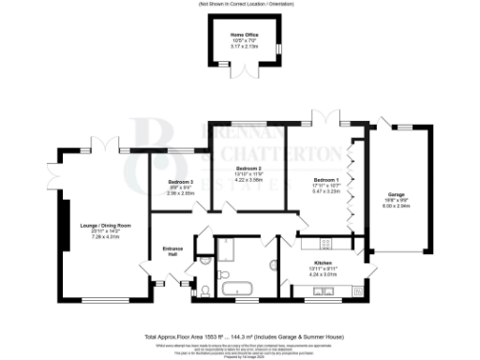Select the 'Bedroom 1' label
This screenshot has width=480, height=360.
tap(325, 179)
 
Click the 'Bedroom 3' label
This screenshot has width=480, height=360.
tap(181, 180)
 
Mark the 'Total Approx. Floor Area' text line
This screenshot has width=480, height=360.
tap(240, 336)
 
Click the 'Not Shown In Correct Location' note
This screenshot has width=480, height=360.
tap(240, 5)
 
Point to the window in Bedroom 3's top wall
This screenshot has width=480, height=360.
tap(177, 151)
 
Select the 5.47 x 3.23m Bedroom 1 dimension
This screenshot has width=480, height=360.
tap(325, 190)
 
